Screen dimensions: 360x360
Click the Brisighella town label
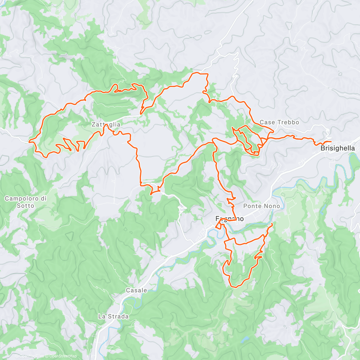tap(337, 148)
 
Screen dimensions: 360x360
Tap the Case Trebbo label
tap(279, 122)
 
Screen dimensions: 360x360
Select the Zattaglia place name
tap(106, 124)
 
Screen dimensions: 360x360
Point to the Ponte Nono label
tap(261, 206)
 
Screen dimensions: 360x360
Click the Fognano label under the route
tap(229, 219)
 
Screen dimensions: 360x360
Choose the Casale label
tap(136, 290)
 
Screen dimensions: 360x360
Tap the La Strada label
tap(113, 316)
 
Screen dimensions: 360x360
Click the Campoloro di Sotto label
tap(25, 202)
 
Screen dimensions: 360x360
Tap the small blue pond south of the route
tap(245, 339)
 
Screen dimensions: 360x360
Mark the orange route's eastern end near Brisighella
tap(331, 141)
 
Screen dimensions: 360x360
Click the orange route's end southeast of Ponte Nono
tap(272, 224)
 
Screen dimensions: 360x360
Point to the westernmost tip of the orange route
tap(29, 140)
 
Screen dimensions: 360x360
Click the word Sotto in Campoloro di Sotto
tap(25, 206)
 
